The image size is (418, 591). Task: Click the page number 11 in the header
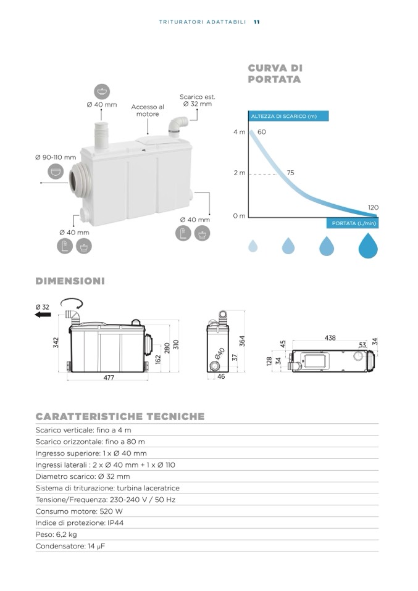[x=256, y=22]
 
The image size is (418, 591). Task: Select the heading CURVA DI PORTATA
[x=275, y=73]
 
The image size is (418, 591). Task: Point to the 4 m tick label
[x=239, y=132]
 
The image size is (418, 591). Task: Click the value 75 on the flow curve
[x=290, y=173]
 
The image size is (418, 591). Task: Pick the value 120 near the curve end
[x=373, y=208]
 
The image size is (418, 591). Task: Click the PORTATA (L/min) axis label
[x=353, y=223]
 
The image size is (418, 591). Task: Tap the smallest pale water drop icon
[x=253, y=246]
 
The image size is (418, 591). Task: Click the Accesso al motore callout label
[x=148, y=110]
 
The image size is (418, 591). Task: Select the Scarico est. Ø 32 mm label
[x=197, y=101]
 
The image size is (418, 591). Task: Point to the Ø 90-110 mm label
[x=56, y=157]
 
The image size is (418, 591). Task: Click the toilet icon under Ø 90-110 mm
[x=56, y=172]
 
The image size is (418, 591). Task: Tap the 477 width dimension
[x=109, y=378]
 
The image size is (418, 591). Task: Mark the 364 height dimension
[x=243, y=341]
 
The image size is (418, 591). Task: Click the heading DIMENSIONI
[x=70, y=281]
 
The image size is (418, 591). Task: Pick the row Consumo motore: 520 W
[x=79, y=511]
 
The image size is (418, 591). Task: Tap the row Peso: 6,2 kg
[x=56, y=534]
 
